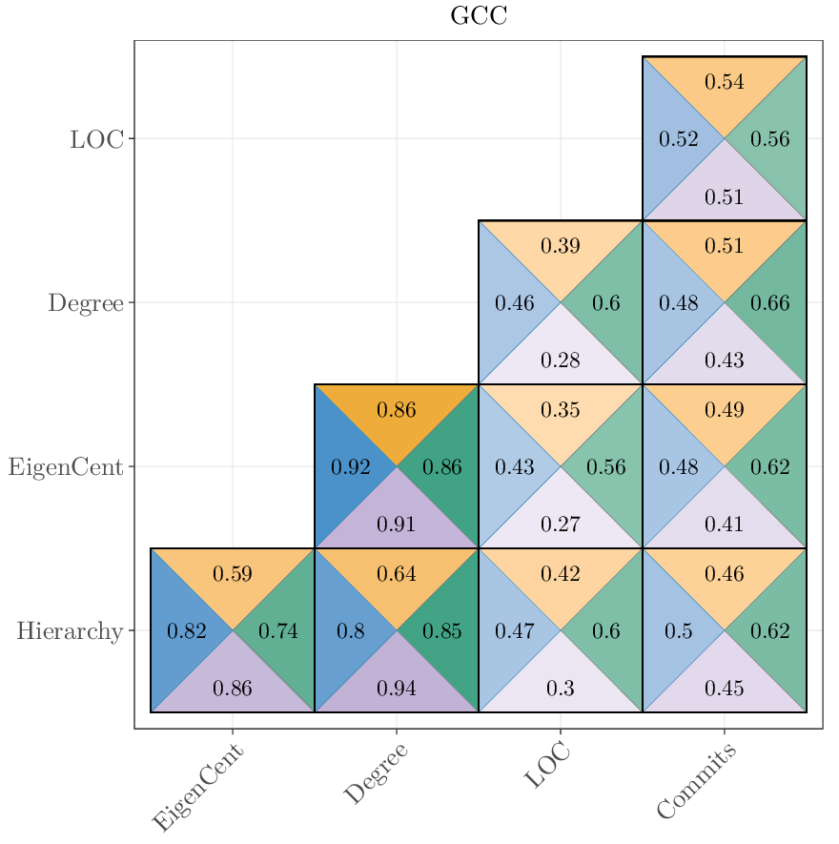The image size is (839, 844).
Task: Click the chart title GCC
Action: [479, 16]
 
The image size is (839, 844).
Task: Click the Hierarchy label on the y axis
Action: [70, 631]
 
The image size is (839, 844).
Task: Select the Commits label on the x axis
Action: [697, 783]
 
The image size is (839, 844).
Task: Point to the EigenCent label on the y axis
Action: [66, 467]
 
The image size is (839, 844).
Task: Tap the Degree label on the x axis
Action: [376, 773]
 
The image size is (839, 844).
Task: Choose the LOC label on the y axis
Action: [96, 139]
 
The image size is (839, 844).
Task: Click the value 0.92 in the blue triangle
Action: [350, 467]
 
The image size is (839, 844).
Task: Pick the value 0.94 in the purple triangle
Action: [397, 689]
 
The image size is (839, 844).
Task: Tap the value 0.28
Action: [561, 360]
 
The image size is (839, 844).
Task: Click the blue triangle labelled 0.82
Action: [186, 631]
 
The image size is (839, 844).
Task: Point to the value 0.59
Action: [233, 574]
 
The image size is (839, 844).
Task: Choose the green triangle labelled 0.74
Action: [278, 631]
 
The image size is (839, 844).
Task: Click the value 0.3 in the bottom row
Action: [561, 689]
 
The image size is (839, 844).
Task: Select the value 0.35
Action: [561, 410]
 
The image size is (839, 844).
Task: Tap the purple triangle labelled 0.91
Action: [397, 525]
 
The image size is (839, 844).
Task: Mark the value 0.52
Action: [679, 139]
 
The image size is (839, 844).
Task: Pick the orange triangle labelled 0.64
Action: [397, 574]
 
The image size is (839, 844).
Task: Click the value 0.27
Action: [561, 525]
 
